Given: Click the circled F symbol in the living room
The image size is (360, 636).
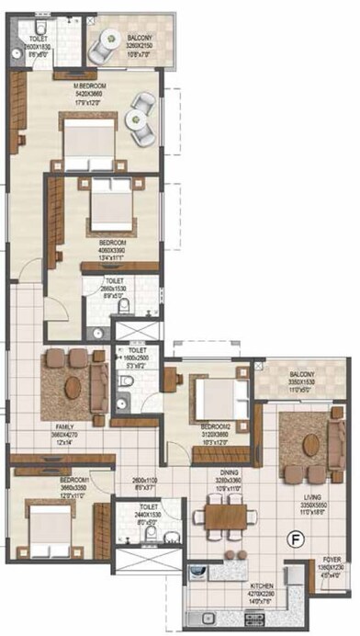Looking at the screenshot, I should pyautogui.click(x=296, y=539).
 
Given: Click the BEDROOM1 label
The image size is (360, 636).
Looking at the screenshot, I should pyautogui.click(x=49, y=480).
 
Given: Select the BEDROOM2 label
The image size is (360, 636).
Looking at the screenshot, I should pyautogui.click(x=216, y=427).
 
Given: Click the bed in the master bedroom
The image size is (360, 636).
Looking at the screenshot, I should pyautogui.click(x=88, y=135).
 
